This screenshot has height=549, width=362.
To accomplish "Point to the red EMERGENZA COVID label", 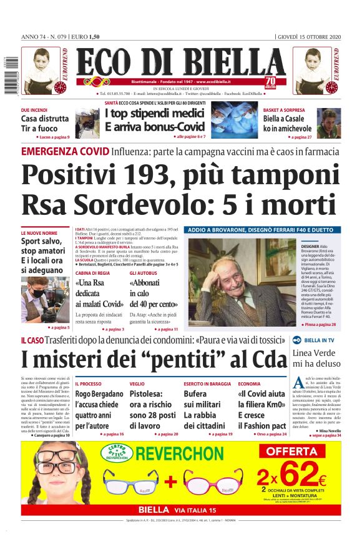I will [65, 152].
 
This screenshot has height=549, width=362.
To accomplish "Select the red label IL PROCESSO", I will [88, 383].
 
